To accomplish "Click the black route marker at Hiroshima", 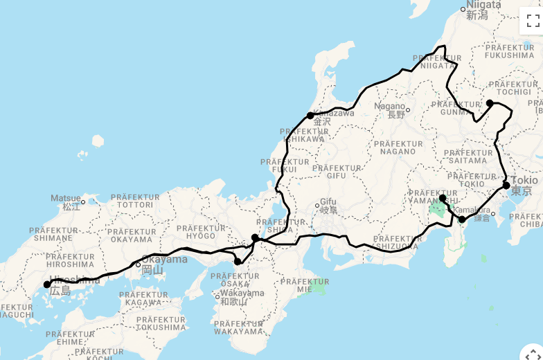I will point(47,285).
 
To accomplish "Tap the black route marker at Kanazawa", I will point(310,116).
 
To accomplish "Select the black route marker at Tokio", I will point(506,186).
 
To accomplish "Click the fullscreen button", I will point(532,21).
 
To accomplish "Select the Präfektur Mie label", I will point(303,286).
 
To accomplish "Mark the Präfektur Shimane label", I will point(56,234).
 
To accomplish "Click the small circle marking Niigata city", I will point(464,10).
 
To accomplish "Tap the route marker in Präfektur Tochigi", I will point(490,103).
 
